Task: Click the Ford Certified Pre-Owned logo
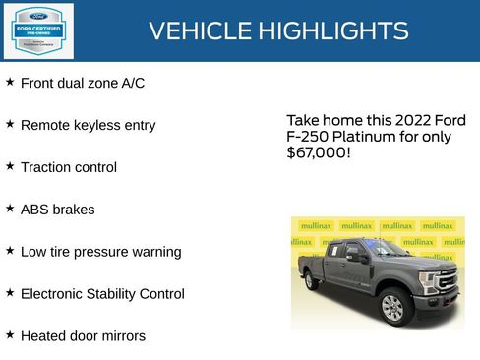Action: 37,31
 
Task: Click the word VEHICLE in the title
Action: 200,31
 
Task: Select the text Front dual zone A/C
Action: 83,84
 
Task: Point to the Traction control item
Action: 69,168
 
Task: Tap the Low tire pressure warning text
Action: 100,252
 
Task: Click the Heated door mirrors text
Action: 83,336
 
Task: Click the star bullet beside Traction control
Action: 10,166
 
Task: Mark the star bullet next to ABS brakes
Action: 10,209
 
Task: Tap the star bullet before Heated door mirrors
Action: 10,334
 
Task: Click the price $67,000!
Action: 318,153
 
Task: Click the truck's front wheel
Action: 393,307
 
